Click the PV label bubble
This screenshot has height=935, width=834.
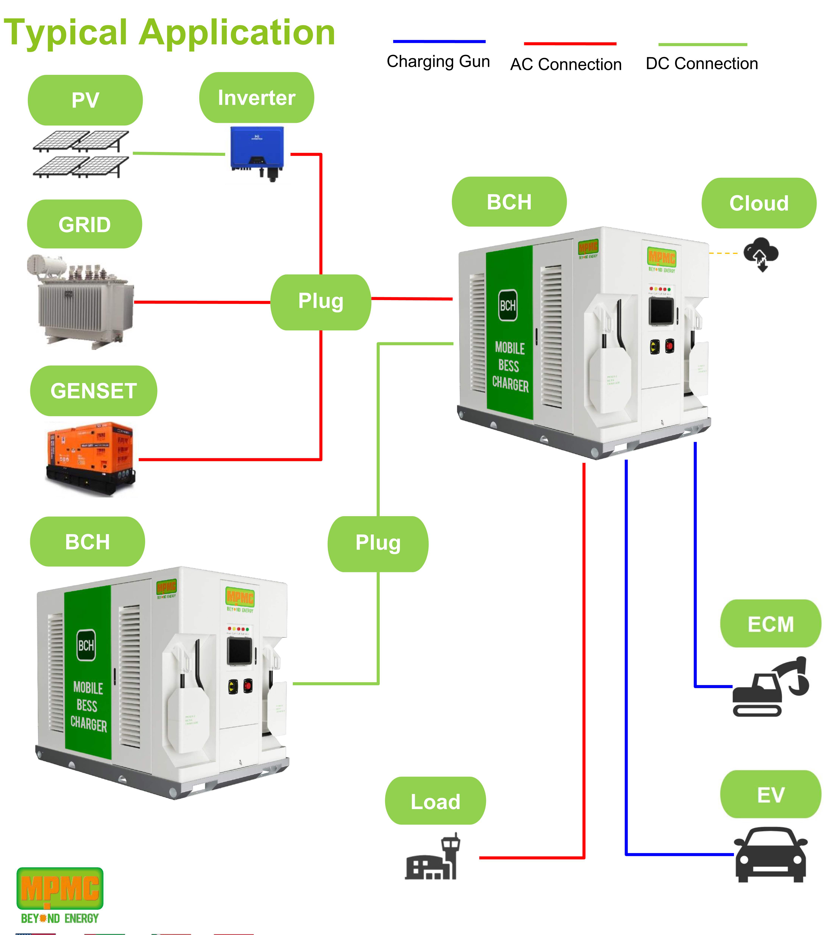[85, 100]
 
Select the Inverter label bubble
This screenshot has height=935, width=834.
[257, 98]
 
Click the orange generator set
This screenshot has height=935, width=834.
[91, 458]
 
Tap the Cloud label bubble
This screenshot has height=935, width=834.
[759, 203]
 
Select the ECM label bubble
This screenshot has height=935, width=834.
[771, 624]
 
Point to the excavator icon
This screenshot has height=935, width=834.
[770, 687]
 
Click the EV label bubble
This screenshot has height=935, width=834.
[771, 795]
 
